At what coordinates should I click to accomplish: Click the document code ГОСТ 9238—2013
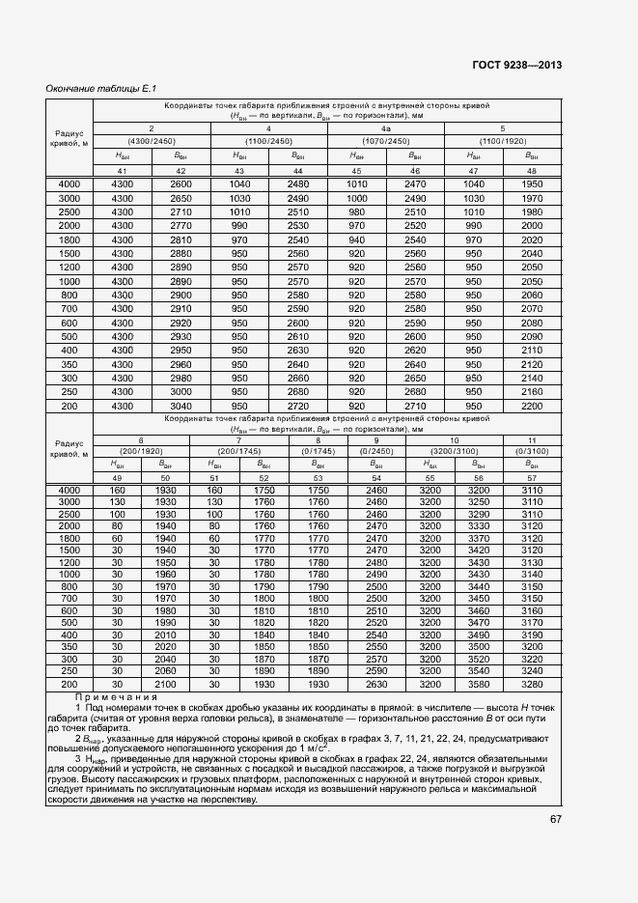pos(517,65)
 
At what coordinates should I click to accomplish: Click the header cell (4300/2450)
pos(151,141)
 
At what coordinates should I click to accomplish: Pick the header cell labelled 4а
pos(385,128)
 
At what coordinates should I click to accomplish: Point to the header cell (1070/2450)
pos(385,141)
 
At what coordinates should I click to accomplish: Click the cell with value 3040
pos(180,408)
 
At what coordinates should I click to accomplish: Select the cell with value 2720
pos(297,408)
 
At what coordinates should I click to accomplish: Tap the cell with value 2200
pos(532,408)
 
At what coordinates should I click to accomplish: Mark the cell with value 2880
pos(180,253)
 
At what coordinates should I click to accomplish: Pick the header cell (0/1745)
pos(319,451)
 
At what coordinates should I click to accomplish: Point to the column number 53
pos(319,477)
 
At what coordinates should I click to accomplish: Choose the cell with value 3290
pos(478,515)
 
